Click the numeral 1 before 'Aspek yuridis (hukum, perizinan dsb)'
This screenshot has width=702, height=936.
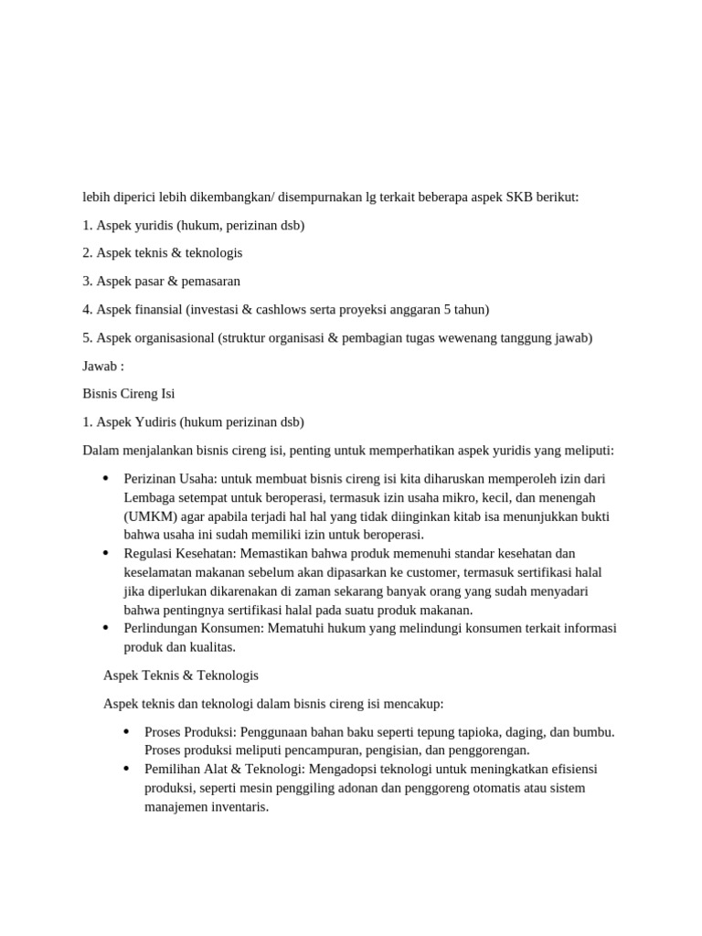86,225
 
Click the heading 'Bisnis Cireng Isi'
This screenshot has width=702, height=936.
129,394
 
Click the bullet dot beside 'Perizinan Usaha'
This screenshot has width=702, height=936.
106,479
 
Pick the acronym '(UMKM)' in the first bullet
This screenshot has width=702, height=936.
147,516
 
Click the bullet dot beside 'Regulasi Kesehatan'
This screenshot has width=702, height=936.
106,554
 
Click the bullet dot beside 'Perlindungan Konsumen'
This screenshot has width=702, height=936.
106,629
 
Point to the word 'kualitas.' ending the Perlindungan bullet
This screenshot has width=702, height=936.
210,647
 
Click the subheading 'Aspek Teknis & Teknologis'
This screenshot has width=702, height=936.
181,675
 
